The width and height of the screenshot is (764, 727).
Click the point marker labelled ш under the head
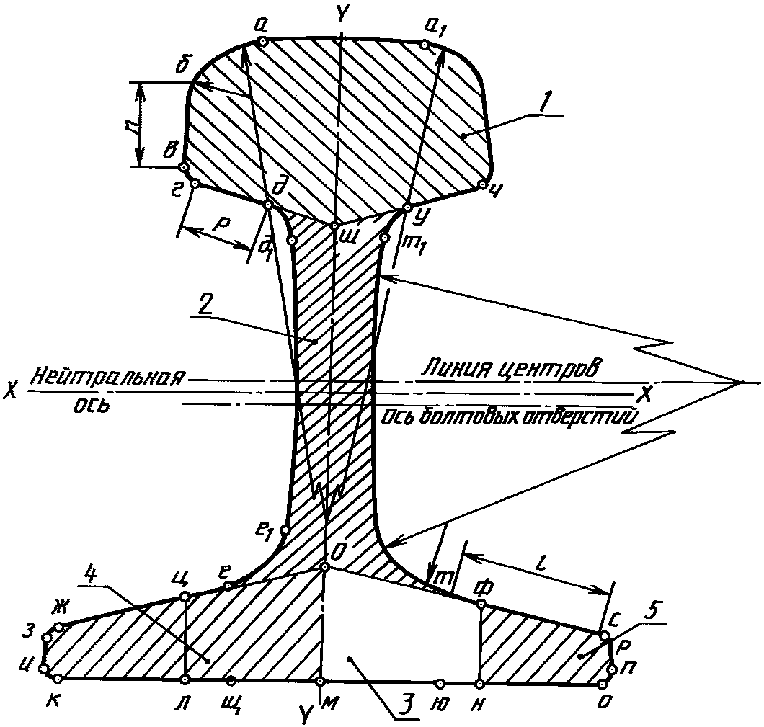334,226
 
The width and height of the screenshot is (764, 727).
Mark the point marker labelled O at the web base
325,567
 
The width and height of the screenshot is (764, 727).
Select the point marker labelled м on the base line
321,680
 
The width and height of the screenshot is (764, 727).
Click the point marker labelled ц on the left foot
185,596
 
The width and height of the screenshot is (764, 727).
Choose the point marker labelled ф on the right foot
481,603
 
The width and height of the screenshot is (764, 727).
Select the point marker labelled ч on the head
482,185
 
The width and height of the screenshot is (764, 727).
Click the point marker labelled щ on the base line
231,680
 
